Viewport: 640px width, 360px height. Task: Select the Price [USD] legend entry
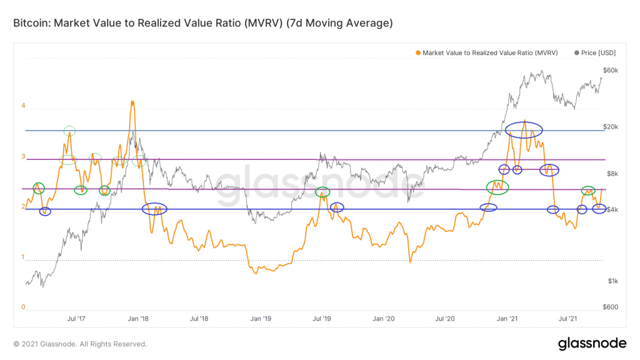tap(597, 53)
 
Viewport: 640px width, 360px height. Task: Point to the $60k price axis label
tap(610, 71)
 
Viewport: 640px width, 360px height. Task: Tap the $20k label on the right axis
tap(610, 127)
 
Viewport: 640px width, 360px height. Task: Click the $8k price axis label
tap(610, 174)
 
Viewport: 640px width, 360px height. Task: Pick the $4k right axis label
tap(610, 209)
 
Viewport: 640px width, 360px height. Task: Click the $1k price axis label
tap(610, 281)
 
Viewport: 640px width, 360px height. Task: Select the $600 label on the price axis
tap(610, 306)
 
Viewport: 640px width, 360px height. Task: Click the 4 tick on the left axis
tap(23, 106)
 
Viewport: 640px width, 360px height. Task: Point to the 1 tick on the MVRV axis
tap(23, 257)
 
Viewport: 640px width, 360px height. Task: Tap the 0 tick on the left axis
tap(23, 307)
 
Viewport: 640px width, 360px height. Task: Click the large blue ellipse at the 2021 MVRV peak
tap(524, 130)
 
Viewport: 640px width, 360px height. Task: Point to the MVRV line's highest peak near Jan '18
tap(132, 101)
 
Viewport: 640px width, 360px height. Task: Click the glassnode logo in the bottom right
tap(591, 343)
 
